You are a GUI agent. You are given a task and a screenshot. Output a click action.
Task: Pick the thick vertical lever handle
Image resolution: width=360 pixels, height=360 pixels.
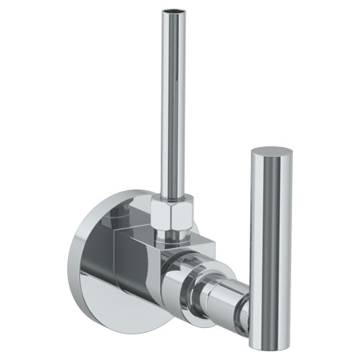click(270, 248)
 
